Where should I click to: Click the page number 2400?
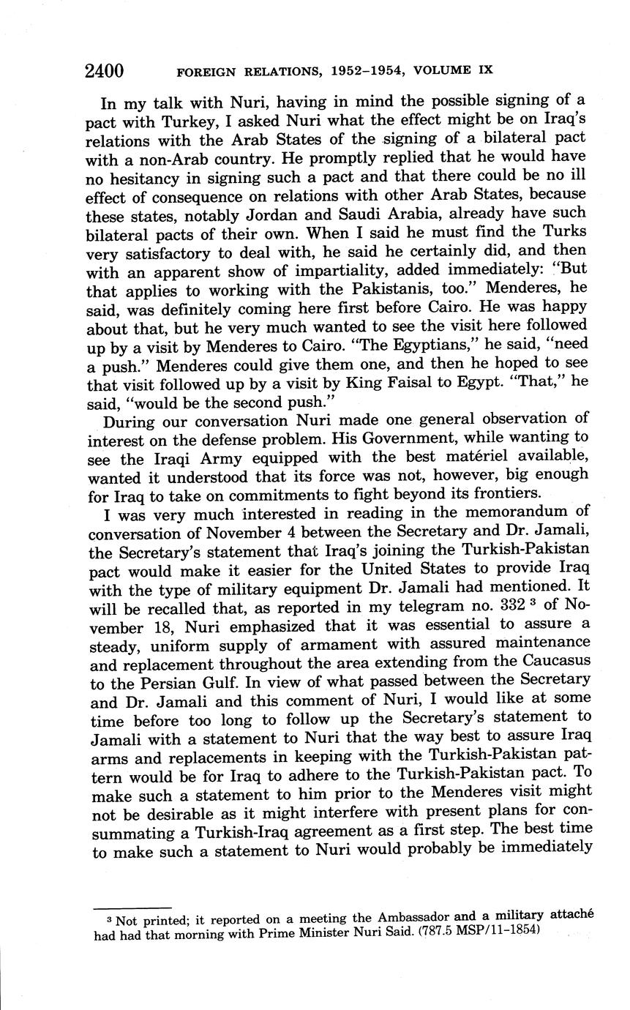(104, 71)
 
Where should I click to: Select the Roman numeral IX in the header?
(484, 71)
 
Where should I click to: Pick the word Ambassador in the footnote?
(415, 917)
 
